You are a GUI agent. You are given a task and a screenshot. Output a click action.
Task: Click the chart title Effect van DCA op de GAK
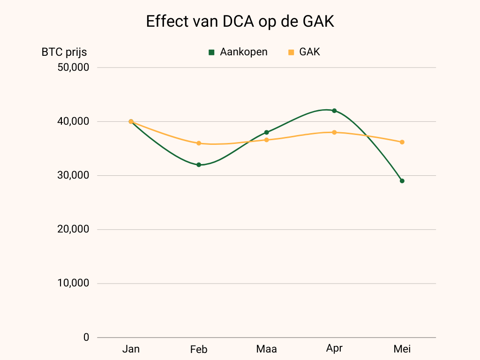[240, 22]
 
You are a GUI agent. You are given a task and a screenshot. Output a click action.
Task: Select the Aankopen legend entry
[238, 52]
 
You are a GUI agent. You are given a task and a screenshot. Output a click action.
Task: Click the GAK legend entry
[304, 52]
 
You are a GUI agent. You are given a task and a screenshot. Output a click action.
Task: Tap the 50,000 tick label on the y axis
[73, 67]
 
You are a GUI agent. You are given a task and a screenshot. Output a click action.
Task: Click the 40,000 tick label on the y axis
[73, 121]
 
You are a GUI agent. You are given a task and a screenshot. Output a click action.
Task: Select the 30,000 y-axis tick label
[73, 175]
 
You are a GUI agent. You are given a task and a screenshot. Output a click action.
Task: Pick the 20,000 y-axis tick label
[73, 229]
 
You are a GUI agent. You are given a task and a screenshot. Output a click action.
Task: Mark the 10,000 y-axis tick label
[73, 283]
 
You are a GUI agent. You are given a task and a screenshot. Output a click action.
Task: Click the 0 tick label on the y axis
[86, 337]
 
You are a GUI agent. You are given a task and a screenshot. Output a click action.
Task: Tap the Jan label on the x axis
[131, 349]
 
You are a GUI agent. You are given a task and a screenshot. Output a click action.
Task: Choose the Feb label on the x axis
[199, 350]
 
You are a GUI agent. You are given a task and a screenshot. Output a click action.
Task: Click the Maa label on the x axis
[266, 349]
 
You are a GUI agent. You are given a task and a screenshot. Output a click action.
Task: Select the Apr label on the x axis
[334, 349]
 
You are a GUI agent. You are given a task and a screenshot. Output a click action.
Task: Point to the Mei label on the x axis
[402, 349]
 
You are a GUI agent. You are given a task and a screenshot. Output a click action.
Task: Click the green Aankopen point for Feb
[199, 165]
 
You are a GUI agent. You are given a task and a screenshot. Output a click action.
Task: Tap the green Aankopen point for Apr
[334, 111]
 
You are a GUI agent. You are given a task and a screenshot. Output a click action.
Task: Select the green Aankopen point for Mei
[402, 181]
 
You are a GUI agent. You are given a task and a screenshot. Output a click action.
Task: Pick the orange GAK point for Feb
[199, 143]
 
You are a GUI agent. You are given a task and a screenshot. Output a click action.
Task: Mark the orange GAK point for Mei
[402, 142]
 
